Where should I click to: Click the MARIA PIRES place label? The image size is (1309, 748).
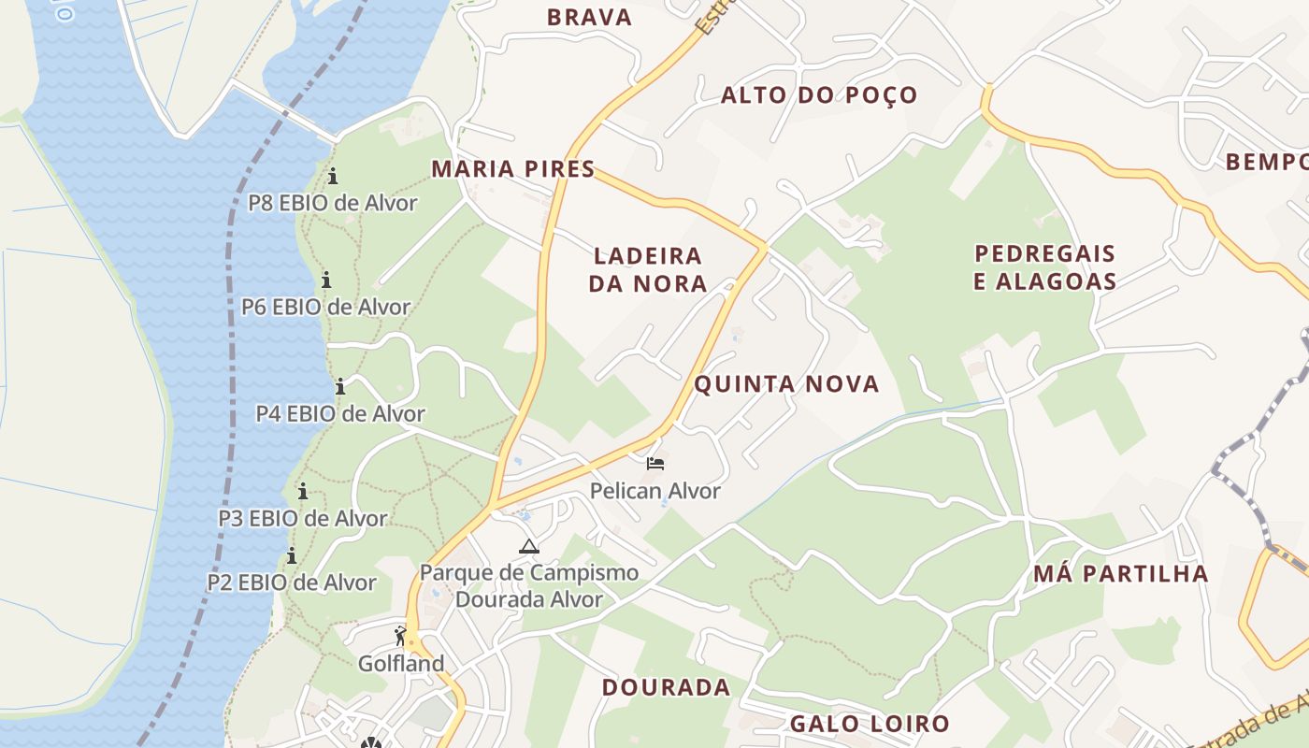512,169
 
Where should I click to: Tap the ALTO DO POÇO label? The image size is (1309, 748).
819,95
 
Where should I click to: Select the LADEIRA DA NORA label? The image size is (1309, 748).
648,269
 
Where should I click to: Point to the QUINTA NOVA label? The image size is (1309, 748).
786,384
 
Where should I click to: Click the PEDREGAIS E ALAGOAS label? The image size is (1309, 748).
1045,267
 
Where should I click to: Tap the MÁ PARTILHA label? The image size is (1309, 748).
1121,573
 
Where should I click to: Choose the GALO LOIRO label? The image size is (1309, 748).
870,724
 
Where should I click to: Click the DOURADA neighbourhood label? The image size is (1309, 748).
666,688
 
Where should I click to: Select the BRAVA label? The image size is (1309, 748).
589,17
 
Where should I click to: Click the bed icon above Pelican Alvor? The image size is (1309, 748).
655,464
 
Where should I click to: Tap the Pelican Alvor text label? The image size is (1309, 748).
655,491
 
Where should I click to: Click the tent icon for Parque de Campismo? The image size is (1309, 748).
529,546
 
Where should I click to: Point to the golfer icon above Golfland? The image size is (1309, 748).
401,637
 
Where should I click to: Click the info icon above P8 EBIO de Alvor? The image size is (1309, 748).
333,176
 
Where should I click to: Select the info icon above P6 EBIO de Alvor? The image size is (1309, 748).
326,280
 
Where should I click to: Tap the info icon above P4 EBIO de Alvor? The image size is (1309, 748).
340,386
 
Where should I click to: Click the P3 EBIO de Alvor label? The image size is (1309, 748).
303,518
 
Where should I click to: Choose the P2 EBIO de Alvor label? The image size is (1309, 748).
292,583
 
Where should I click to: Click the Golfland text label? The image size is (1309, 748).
401,664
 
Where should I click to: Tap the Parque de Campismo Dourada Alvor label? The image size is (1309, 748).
529,586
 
